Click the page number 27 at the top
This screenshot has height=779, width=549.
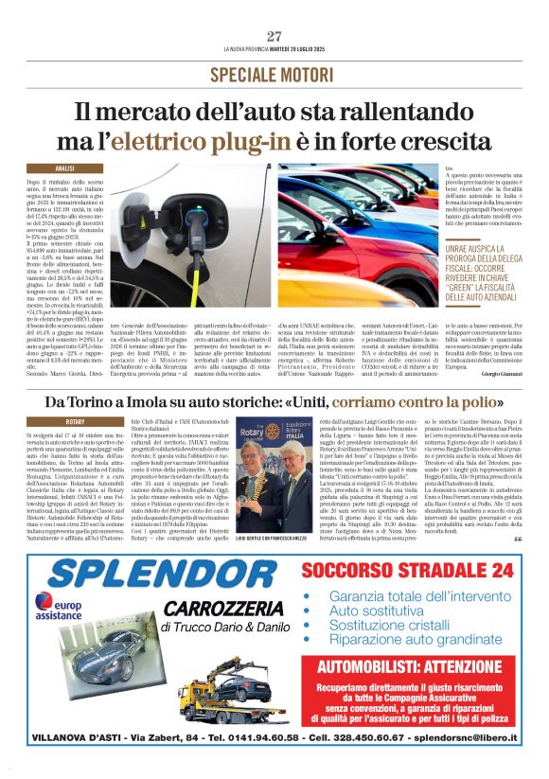pyautogui.click(x=274, y=36)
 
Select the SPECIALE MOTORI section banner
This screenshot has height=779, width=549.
pyautogui.click(x=274, y=73)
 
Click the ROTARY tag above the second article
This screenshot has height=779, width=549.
pyautogui.click(x=75, y=420)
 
